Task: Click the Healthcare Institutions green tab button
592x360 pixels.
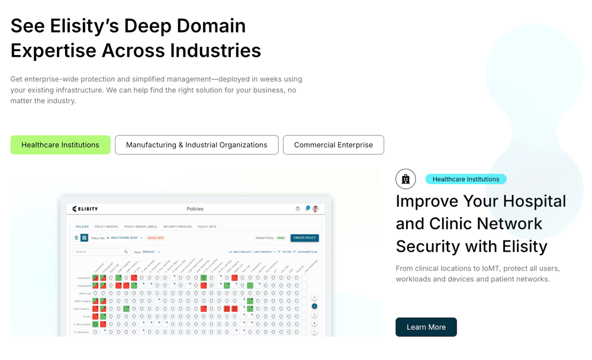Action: tap(60, 145)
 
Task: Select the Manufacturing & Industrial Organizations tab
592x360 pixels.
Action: tap(197, 145)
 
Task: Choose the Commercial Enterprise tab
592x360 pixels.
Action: tap(333, 145)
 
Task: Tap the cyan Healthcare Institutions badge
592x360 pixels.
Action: tap(466, 179)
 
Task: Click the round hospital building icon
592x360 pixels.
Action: tap(406, 179)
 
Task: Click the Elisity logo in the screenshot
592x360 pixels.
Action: tap(85, 209)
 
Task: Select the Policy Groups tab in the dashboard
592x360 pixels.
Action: tap(107, 227)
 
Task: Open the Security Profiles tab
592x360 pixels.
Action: tap(178, 227)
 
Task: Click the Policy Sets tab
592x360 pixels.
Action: tap(207, 227)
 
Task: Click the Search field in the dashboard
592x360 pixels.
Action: tap(98, 252)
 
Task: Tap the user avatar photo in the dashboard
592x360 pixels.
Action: tap(316, 209)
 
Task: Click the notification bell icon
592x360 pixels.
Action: tap(307, 209)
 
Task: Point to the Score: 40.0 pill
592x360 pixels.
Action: tap(156, 238)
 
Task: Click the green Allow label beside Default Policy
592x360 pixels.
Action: tap(281, 238)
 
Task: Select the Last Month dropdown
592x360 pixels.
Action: tap(264, 252)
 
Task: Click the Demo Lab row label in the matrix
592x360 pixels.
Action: tap(85, 294)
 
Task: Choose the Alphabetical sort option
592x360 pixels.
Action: tap(307, 252)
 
